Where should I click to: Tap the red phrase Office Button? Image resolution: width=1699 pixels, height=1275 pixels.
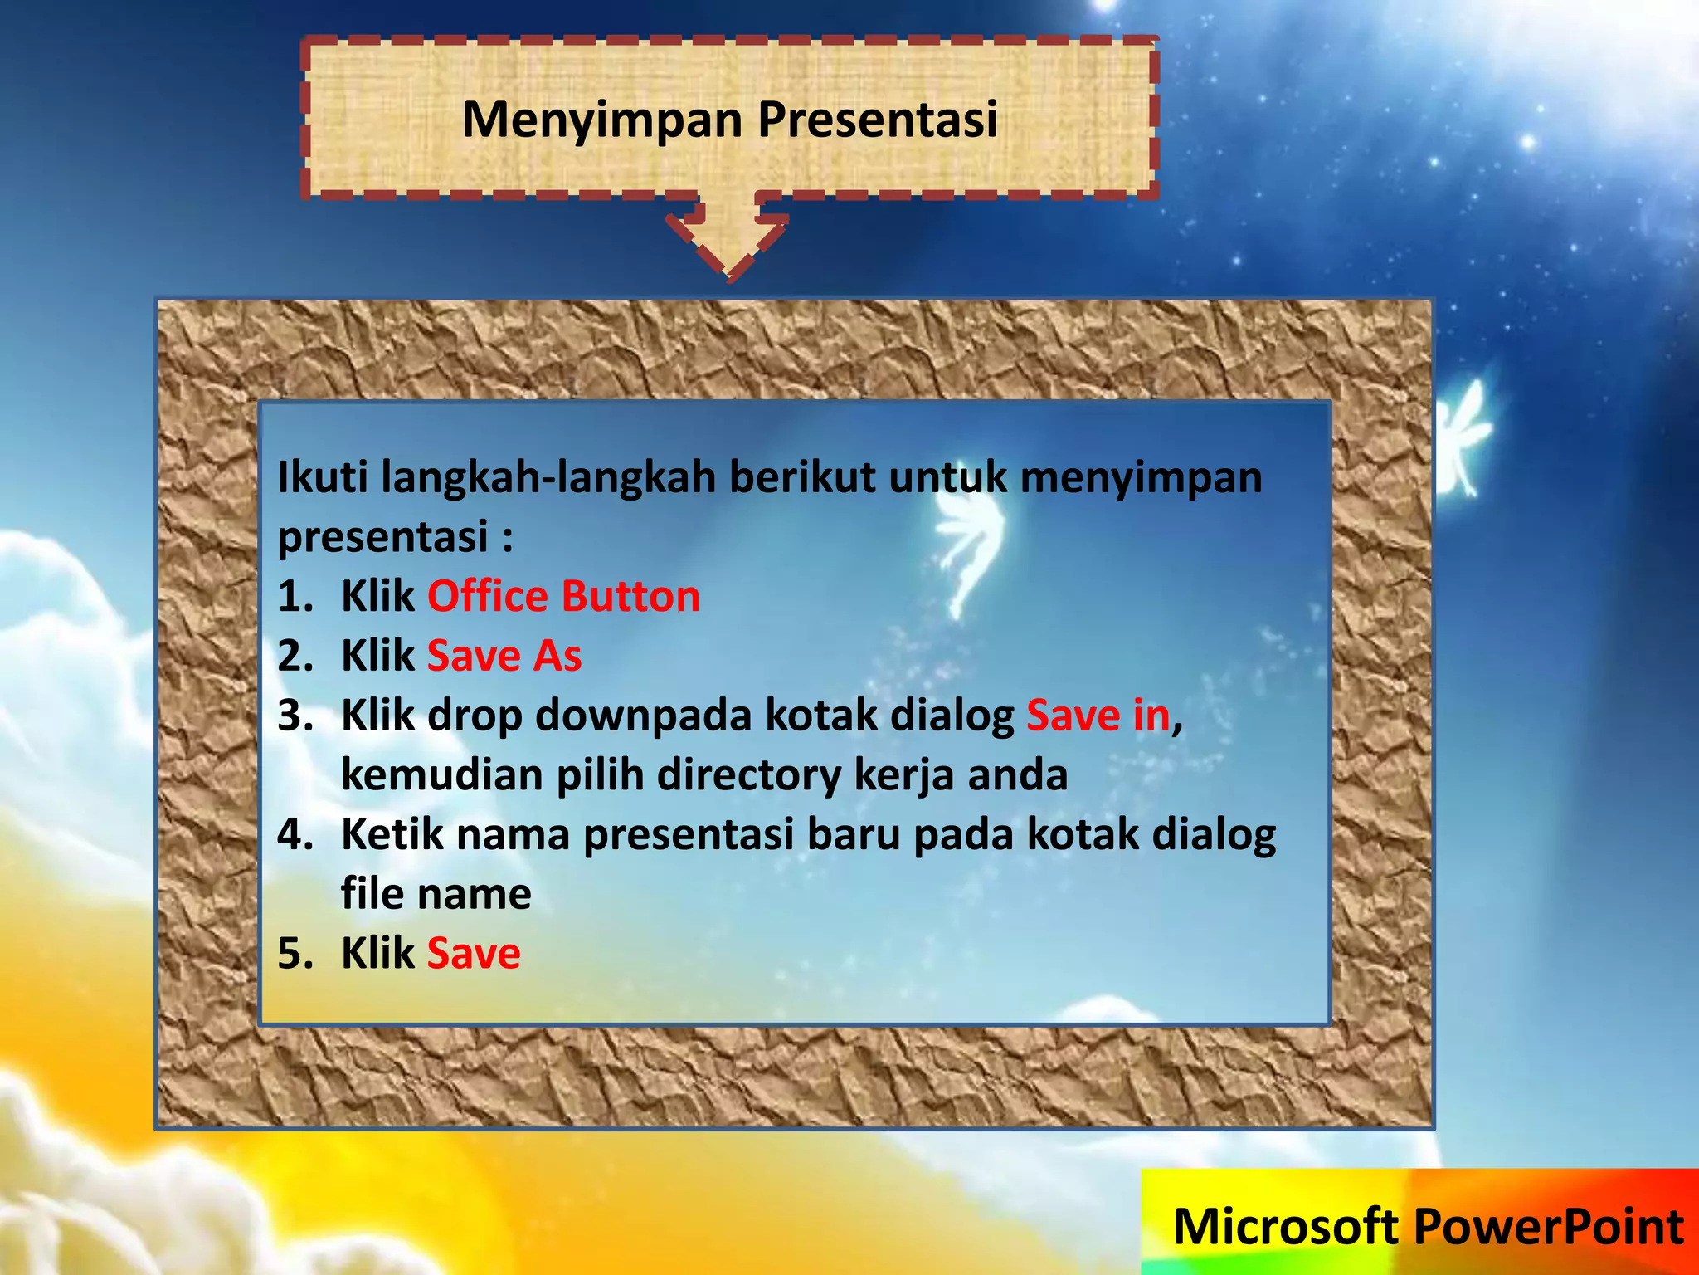pos(563,597)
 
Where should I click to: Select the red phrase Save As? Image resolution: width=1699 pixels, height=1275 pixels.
pos(504,657)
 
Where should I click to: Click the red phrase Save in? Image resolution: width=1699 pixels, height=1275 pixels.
pos(1098,716)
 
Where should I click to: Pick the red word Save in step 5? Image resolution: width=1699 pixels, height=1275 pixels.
pos(474,954)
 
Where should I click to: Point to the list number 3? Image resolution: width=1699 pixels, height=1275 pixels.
pos(295,716)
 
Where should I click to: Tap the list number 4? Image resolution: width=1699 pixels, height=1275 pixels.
pos(295,835)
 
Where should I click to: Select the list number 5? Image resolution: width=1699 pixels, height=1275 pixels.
pos(295,955)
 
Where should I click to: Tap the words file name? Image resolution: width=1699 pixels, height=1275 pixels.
pos(436,895)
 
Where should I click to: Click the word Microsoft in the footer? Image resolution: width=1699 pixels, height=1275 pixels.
pos(1285,1227)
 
